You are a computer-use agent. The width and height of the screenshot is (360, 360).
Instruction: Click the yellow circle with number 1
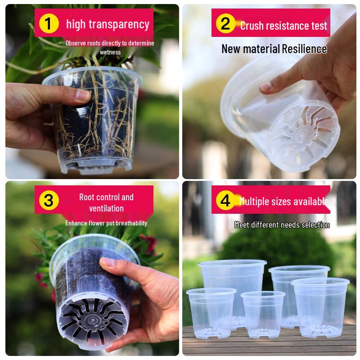(x=49, y=24)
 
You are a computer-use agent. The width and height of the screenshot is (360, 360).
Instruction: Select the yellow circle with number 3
(x=49, y=200)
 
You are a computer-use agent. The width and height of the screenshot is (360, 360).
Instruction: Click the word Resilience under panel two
(x=304, y=49)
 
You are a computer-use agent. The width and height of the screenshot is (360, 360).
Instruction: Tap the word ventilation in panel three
(x=106, y=208)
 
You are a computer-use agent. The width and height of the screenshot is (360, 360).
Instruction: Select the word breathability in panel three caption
(x=128, y=223)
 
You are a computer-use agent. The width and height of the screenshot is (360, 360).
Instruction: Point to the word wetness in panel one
(x=110, y=52)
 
